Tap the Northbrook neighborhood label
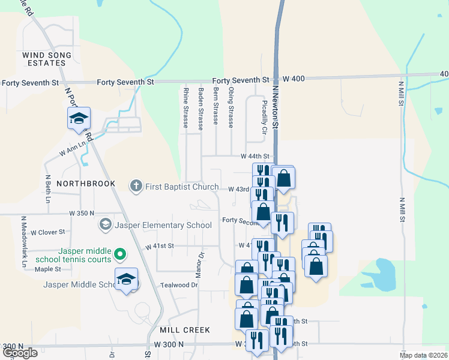[x=86, y=183]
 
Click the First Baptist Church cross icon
[x=136, y=186]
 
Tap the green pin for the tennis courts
[x=119, y=255]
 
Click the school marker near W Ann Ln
[x=78, y=119]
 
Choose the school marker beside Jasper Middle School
[x=126, y=281]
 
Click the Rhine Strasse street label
[x=185, y=108]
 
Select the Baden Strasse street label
[x=200, y=108]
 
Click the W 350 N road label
[x=82, y=213]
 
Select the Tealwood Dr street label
[x=179, y=285]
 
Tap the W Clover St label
[x=48, y=232]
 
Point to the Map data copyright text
[x=424, y=355]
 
